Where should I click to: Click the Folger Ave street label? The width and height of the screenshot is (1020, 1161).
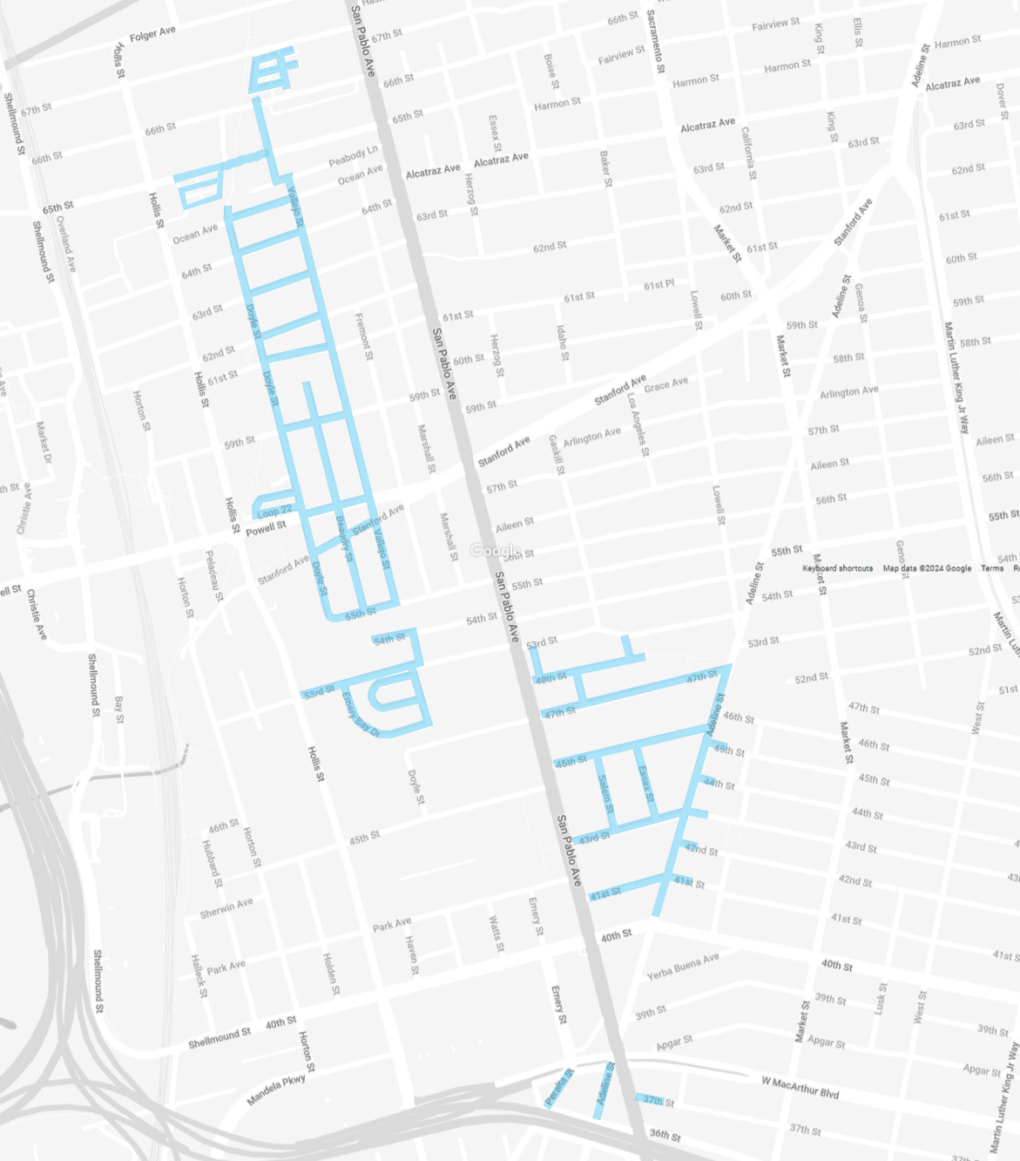(x=152, y=34)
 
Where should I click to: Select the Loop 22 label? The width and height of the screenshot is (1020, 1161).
(x=274, y=511)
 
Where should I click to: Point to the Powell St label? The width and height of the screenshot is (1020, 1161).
(x=266, y=527)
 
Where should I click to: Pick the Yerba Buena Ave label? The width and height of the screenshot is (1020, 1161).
(x=683, y=966)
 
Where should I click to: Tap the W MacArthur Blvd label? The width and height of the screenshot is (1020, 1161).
(x=800, y=1087)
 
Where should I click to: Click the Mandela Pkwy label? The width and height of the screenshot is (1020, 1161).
(x=276, y=1090)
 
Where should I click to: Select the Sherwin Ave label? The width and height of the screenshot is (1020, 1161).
(x=226, y=908)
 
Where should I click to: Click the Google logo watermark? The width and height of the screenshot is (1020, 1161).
(x=496, y=550)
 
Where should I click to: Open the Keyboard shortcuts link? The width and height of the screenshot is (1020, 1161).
(x=837, y=568)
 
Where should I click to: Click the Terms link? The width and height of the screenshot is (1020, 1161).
(x=992, y=568)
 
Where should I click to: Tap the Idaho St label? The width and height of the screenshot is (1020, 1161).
(x=563, y=343)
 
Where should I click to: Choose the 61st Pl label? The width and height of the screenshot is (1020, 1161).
(x=659, y=285)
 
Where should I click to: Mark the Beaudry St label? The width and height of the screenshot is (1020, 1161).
(x=345, y=538)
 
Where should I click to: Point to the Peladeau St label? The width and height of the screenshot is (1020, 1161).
(x=214, y=575)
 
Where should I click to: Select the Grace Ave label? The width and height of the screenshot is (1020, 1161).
(x=665, y=384)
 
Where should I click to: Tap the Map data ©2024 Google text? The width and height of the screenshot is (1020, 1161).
(x=927, y=568)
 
